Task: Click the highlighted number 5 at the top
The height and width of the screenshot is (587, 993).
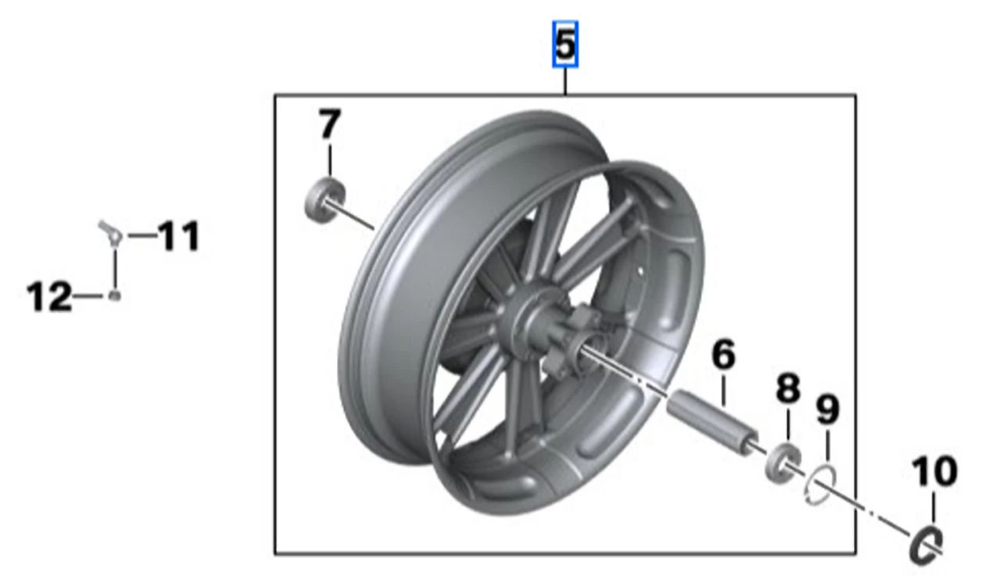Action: (x=565, y=45)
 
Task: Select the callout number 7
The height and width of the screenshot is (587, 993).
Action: (x=329, y=124)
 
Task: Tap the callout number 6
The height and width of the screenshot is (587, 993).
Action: (x=723, y=356)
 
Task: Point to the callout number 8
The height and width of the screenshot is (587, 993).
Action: (x=787, y=388)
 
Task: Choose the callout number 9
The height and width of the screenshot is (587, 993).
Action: (x=826, y=409)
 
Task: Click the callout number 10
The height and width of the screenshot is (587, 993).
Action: (x=933, y=472)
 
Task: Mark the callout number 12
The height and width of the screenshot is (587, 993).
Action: (x=49, y=297)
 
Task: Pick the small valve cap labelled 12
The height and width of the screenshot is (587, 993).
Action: (x=115, y=295)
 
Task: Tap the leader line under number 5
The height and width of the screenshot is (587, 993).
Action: (x=565, y=81)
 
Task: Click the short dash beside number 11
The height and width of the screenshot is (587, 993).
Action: (x=141, y=235)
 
